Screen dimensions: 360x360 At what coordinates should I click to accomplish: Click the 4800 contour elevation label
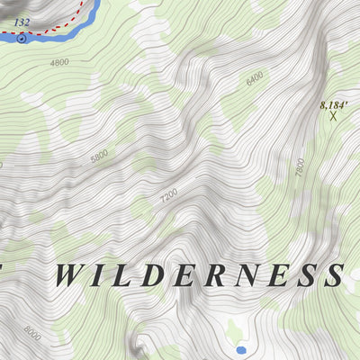[x=59, y=62]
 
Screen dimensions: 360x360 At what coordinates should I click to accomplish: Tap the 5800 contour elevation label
[x=99, y=156]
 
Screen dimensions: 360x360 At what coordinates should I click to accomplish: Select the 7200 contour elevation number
[x=168, y=193]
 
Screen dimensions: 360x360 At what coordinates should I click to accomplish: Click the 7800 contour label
[x=301, y=166]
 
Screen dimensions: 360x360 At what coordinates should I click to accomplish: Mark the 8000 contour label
[x=33, y=334]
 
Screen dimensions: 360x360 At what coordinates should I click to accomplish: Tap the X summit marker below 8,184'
[x=333, y=116]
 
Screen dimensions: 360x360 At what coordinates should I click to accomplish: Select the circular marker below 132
[x=22, y=39]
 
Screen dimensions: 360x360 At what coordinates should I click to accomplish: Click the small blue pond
[x=239, y=348]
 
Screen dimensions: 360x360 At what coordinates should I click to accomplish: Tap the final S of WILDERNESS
[x=335, y=274]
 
